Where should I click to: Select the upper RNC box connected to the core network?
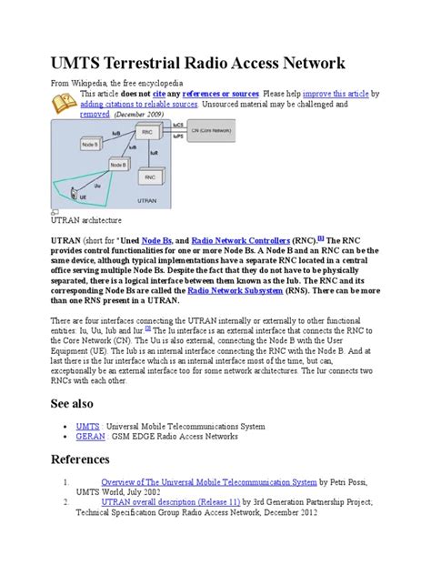coord(148,133)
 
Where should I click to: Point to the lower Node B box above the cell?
coord(118,165)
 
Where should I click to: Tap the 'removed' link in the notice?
coord(95,116)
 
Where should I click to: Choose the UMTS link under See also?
coord(87,425)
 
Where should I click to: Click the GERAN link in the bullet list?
coord(90,437)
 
